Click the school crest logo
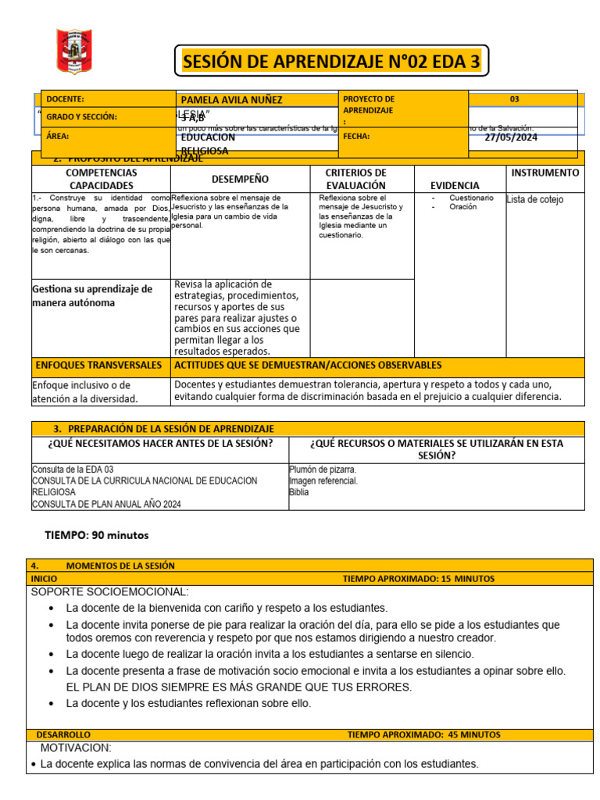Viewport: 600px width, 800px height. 74,52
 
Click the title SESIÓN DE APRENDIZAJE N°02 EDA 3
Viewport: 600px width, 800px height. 331,61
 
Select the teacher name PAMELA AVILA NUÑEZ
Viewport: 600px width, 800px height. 231,100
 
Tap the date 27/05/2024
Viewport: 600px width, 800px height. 511,137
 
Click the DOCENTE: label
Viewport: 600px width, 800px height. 65,99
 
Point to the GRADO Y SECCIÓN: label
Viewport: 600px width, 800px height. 81,117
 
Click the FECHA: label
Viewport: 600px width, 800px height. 355,136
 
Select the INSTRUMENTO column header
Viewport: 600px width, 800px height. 545,173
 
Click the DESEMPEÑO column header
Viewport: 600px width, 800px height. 240,179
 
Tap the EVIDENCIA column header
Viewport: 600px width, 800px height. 455,186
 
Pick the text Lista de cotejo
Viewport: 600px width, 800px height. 534,200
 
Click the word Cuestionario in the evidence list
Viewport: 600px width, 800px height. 471,198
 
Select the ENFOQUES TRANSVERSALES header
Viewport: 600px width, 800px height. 99,365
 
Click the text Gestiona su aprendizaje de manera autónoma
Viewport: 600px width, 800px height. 92,295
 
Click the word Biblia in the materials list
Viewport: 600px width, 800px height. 298,493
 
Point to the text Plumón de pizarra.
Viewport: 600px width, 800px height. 323,470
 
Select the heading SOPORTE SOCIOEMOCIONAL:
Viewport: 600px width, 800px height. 109,591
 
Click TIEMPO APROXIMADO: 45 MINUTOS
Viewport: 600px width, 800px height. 423,735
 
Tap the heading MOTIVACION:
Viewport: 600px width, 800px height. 76,748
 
